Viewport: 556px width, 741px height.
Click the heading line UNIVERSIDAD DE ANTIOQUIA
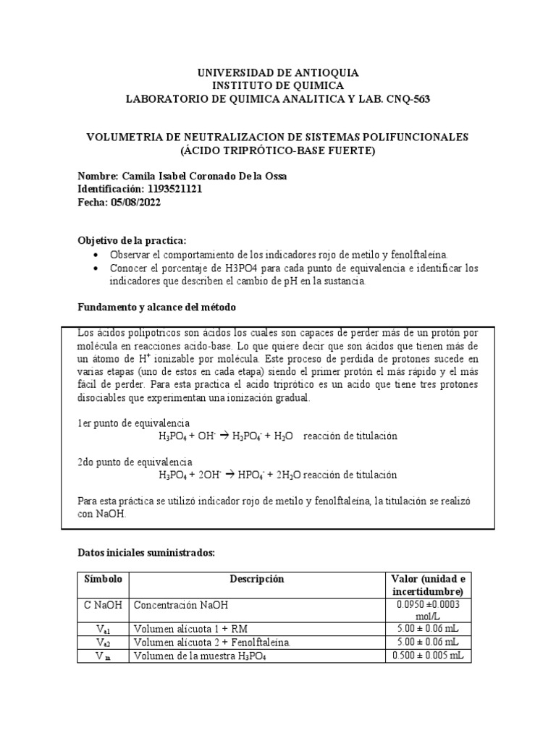pos(278,73)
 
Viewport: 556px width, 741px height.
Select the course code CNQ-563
pos(410,99)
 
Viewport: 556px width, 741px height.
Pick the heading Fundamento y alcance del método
pos(156,308)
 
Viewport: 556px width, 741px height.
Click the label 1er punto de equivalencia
pos(133,423)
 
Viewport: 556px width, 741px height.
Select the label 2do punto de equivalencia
pos(134,462)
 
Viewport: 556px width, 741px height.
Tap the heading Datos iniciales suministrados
pos(146,553)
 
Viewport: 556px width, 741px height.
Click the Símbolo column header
pos(104,580)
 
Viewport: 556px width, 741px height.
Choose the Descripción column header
pos(257,580)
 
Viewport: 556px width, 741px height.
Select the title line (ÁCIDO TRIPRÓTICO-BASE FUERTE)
pos(278,151)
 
